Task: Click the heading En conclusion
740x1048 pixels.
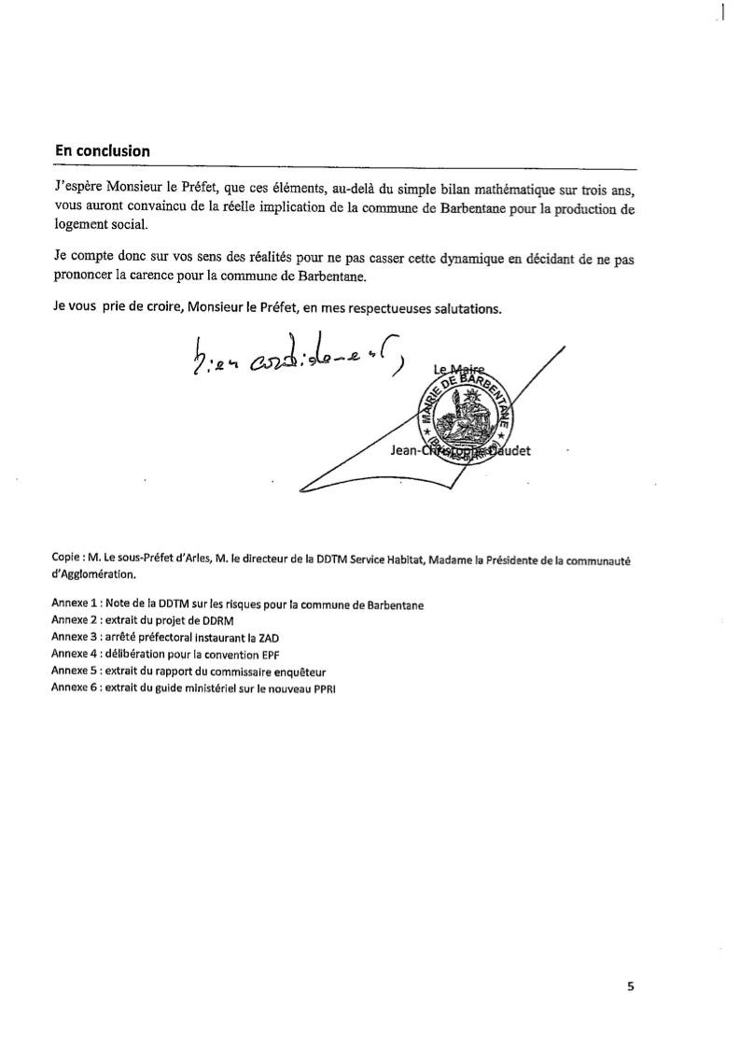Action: pos(102,149)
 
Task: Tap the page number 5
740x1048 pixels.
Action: pos(630,985)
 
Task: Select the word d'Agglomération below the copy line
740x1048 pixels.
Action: pos(95,574)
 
